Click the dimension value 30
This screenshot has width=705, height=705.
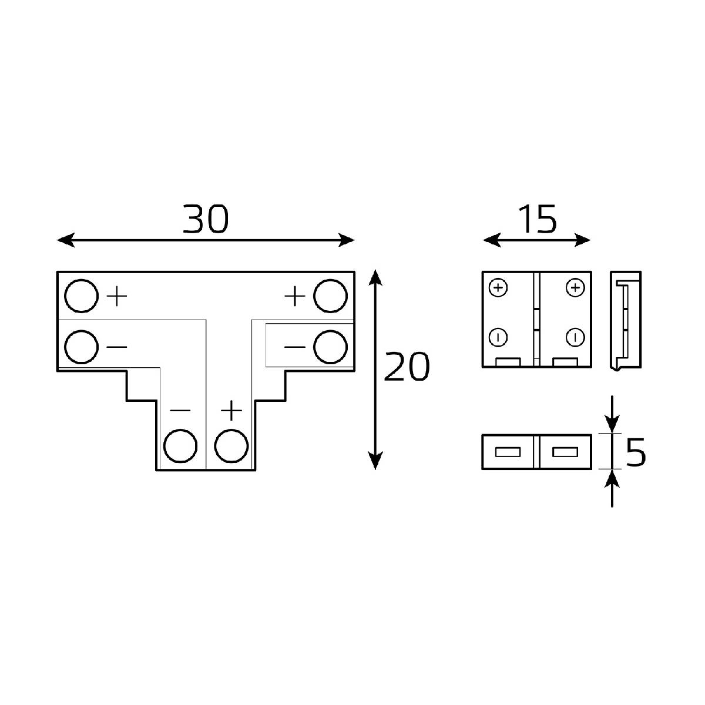point(205,219)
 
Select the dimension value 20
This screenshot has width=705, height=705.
point(407,368)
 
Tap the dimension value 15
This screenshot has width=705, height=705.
point(536,220)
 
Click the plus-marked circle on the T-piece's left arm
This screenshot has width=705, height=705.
point(80,296)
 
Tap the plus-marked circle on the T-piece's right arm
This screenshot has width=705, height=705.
point(330,296)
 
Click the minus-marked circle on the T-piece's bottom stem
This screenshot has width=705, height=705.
point(180,446)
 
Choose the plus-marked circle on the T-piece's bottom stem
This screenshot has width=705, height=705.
point(231,446)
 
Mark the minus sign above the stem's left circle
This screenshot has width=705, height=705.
point(180,410)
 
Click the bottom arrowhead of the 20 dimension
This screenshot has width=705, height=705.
point(375,462)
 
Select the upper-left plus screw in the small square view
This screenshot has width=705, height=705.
point(498,288)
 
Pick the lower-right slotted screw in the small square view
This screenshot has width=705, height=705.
point(575,337)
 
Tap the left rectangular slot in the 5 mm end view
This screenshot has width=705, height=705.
point(508,452)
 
